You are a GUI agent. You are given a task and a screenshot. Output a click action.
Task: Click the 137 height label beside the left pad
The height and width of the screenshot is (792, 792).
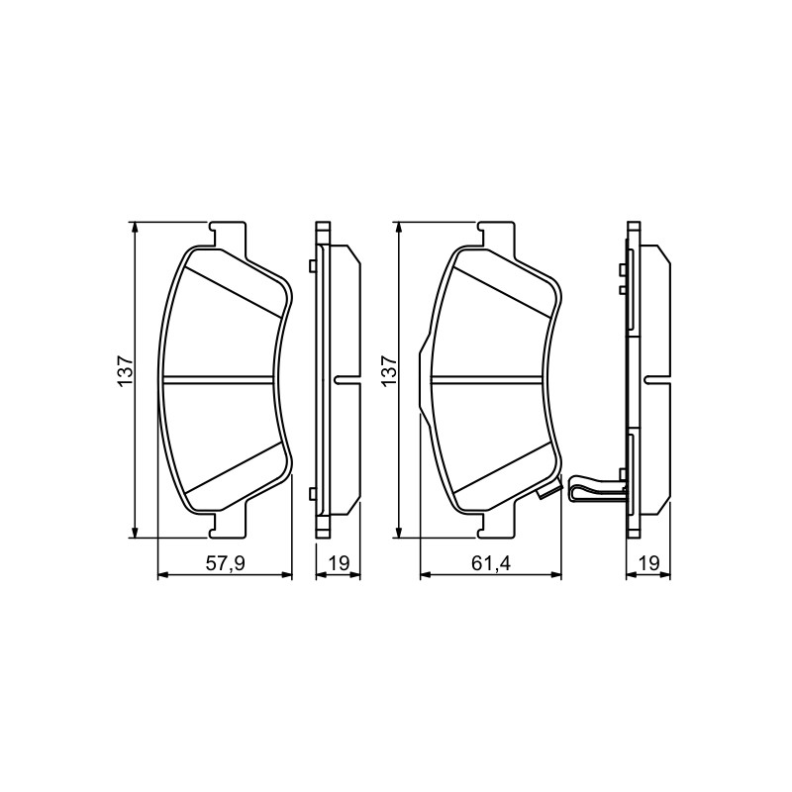pos(125,371)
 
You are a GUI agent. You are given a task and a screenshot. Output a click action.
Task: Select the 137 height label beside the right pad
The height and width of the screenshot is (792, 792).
pos(389,371)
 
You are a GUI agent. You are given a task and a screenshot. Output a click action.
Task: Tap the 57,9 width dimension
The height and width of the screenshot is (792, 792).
pos(226,562)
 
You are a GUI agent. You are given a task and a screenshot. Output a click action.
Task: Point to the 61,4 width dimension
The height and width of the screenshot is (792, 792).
pos(491,562)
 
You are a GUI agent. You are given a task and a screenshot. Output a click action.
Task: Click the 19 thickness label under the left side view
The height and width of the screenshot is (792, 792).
pos(339,562)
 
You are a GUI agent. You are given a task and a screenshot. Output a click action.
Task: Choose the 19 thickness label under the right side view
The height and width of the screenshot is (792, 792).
pos(649,562)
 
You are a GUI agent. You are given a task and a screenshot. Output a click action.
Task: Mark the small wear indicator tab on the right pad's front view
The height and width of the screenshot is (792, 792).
pos(548,491)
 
